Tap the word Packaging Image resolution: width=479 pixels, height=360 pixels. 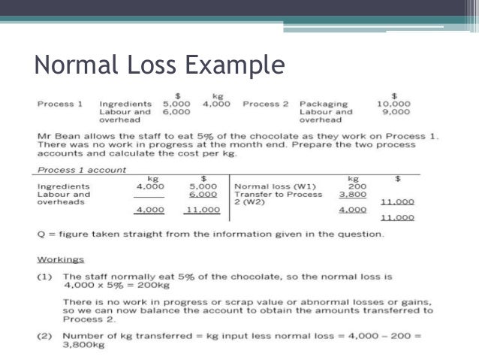click(x=323, y=104)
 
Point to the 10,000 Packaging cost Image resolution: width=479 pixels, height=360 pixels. click(x=393, y=104)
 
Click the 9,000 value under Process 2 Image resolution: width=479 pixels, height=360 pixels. click(x=396, y=112)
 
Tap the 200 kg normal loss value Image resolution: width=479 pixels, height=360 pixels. click(x=357, y=186)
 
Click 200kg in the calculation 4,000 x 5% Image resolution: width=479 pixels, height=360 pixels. click(x=149, y=285)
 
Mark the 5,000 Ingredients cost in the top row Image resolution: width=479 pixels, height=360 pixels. click(x=177, y=104)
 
